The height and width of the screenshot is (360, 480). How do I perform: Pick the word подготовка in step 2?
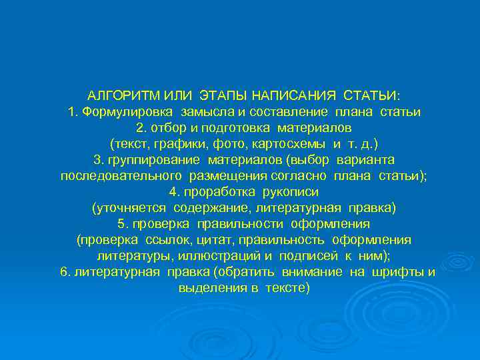242,127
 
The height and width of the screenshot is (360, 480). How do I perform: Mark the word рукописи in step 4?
285,191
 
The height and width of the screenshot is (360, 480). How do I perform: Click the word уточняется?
131,207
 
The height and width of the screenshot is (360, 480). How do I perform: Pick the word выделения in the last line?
207,287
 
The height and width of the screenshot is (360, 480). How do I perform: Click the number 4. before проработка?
175,191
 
